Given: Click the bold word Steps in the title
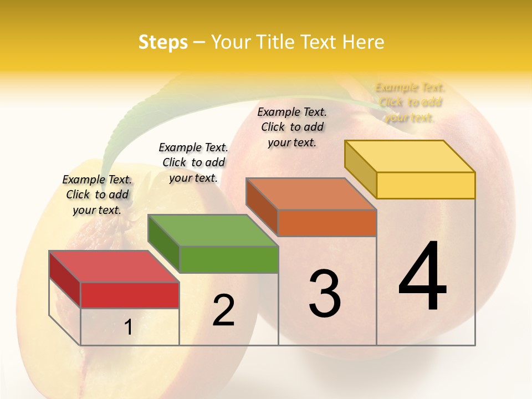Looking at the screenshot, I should coord(163,42).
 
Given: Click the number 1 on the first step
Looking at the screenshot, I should coord(129,328).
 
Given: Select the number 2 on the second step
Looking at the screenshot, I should coord(223,310).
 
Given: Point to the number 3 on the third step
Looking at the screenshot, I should coord(325,294).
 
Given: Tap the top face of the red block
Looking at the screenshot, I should coord(114,267).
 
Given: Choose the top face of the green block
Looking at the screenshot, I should coord(213,231).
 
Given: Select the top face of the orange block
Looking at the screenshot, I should coord(311,194).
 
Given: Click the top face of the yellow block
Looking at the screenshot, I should coord(410,156).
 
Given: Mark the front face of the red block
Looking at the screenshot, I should coord(130,295).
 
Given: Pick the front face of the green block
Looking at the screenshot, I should coord(229,259).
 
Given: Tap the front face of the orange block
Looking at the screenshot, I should coord(327,223).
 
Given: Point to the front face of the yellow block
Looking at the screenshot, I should coord(426,185).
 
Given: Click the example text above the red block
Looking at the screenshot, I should coord(97,195).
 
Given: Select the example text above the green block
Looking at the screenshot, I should coord(193,162).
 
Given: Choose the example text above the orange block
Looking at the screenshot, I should coord(292,127).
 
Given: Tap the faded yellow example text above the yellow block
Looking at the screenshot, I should coord(410,103).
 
